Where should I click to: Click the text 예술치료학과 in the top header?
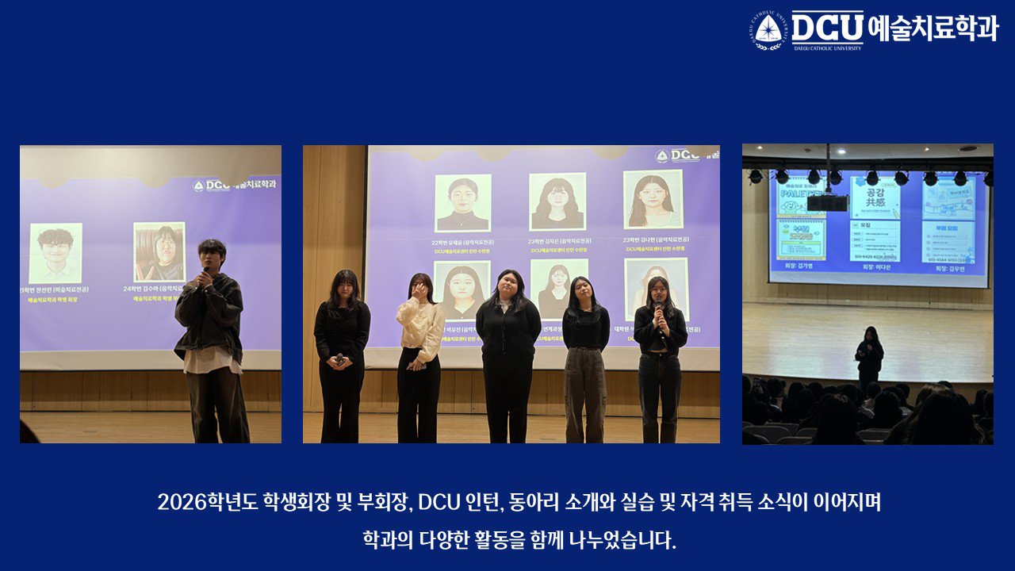coord(933,28)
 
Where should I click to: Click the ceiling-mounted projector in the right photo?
coord(827,202)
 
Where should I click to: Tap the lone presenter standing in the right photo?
coord(869,357)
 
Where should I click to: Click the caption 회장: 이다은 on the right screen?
coord(875,268)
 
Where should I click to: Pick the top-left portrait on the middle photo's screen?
coord(462,203)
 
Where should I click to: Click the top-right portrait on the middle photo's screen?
coord(653,199)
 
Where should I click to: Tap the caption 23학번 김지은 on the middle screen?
coord(557,240)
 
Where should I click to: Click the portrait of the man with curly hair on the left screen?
coord(56,252)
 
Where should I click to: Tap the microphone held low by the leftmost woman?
coord(339,359)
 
